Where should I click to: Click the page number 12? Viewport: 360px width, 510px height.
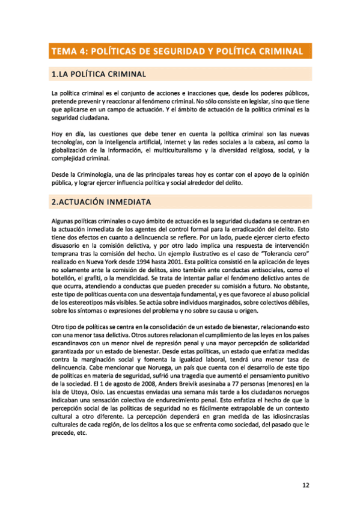(306, 485)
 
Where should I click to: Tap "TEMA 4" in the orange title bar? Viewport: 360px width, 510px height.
(69, 51)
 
